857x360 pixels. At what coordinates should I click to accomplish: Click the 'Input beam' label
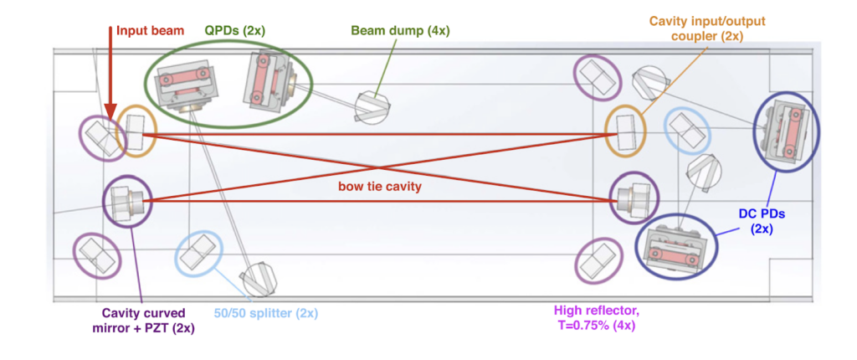tap(148, 31)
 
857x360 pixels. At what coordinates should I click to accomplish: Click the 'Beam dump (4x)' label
tap(400, 31)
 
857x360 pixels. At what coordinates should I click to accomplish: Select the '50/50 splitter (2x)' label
tap(264, 314)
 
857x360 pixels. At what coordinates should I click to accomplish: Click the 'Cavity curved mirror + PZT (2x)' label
tap(144, 321)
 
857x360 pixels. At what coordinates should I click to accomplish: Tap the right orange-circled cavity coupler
tap(626, 131)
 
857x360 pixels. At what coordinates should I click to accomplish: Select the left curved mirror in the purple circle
tap(127, 201)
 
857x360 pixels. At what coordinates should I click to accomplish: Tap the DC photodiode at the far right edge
tap(787, 130)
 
